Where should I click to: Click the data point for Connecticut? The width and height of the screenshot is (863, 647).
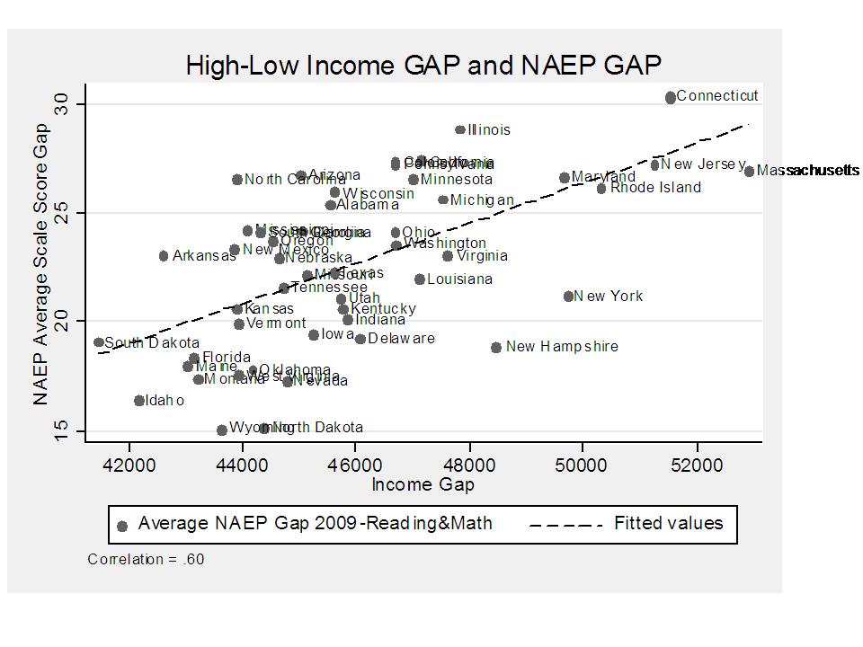coord(671,97)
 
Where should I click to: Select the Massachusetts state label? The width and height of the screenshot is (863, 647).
coord(807,171)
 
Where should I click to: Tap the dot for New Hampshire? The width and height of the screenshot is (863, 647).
coord(496,347)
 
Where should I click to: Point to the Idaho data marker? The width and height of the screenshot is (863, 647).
coord(139,401)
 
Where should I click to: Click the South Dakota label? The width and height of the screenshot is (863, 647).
coord(152,343)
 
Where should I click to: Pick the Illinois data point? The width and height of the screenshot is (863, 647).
coord(460,129)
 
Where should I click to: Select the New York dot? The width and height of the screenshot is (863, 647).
coord(569,297)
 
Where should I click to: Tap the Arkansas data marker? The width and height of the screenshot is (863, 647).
coord(164,256)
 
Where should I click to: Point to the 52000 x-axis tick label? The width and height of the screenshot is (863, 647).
coord(697,465)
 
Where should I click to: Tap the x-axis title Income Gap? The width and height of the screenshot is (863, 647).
coord(423,485)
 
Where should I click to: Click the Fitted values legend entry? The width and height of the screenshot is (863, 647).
coord(668,523)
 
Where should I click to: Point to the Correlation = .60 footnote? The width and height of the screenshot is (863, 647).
coord(146,559)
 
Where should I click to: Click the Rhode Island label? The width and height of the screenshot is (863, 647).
coord(655,188)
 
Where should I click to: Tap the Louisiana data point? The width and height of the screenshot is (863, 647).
coord(420,279)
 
